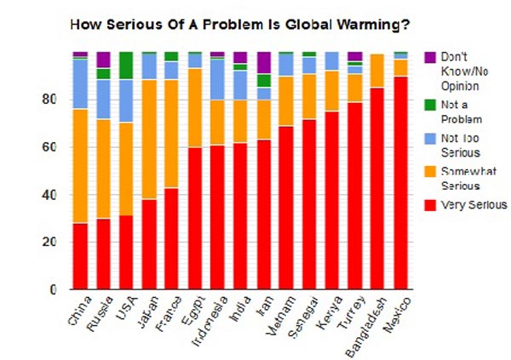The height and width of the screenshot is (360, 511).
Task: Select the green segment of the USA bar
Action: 126,65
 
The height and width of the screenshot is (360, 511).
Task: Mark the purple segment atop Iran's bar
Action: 264,62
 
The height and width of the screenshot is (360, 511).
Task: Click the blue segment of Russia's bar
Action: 103,99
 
